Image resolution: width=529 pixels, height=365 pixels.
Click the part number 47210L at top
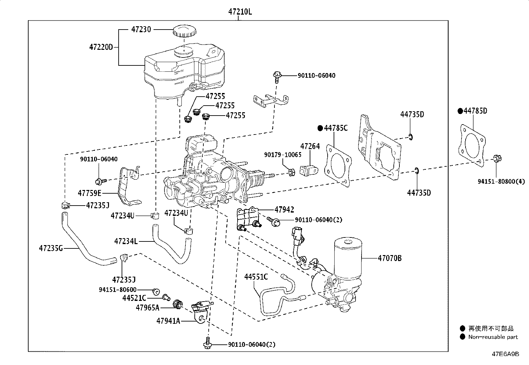(240, 12)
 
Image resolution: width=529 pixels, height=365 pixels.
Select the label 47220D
(101, 47)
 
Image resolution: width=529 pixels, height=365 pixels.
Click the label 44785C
(336, 128)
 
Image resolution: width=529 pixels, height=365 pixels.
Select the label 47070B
(389, 258)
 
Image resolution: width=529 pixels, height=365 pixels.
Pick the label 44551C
(256, 277)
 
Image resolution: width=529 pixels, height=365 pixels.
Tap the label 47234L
(126, 241)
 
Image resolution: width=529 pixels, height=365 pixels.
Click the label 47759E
(90, 193)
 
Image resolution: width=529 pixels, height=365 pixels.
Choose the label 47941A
(168, 321)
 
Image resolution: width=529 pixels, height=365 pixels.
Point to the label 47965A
(147, 308)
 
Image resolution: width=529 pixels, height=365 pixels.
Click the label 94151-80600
(118, 290)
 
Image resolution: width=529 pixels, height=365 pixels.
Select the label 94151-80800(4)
(501, 181)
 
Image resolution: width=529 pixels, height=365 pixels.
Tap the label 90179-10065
(283, 155)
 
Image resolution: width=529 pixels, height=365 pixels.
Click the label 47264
(310, 146)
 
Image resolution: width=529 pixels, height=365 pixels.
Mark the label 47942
(284, 210)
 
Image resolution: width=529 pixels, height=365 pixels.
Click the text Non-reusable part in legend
(493, 337)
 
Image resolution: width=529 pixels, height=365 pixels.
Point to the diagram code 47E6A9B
(505, 354)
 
